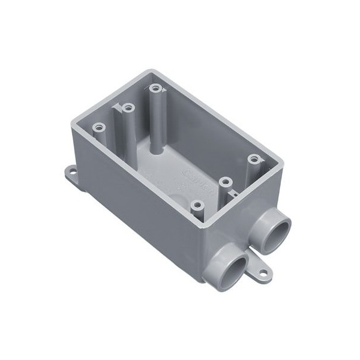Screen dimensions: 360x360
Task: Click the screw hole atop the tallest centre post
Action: pos(156,89)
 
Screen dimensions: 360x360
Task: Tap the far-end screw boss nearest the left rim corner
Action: pos(99,128)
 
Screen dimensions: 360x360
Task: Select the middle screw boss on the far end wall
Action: pos(128,108)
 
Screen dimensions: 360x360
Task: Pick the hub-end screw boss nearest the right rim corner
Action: pos(255,160)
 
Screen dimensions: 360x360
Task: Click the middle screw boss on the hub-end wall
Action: pos(226,181)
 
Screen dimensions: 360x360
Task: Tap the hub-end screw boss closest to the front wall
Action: pos(196,205)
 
